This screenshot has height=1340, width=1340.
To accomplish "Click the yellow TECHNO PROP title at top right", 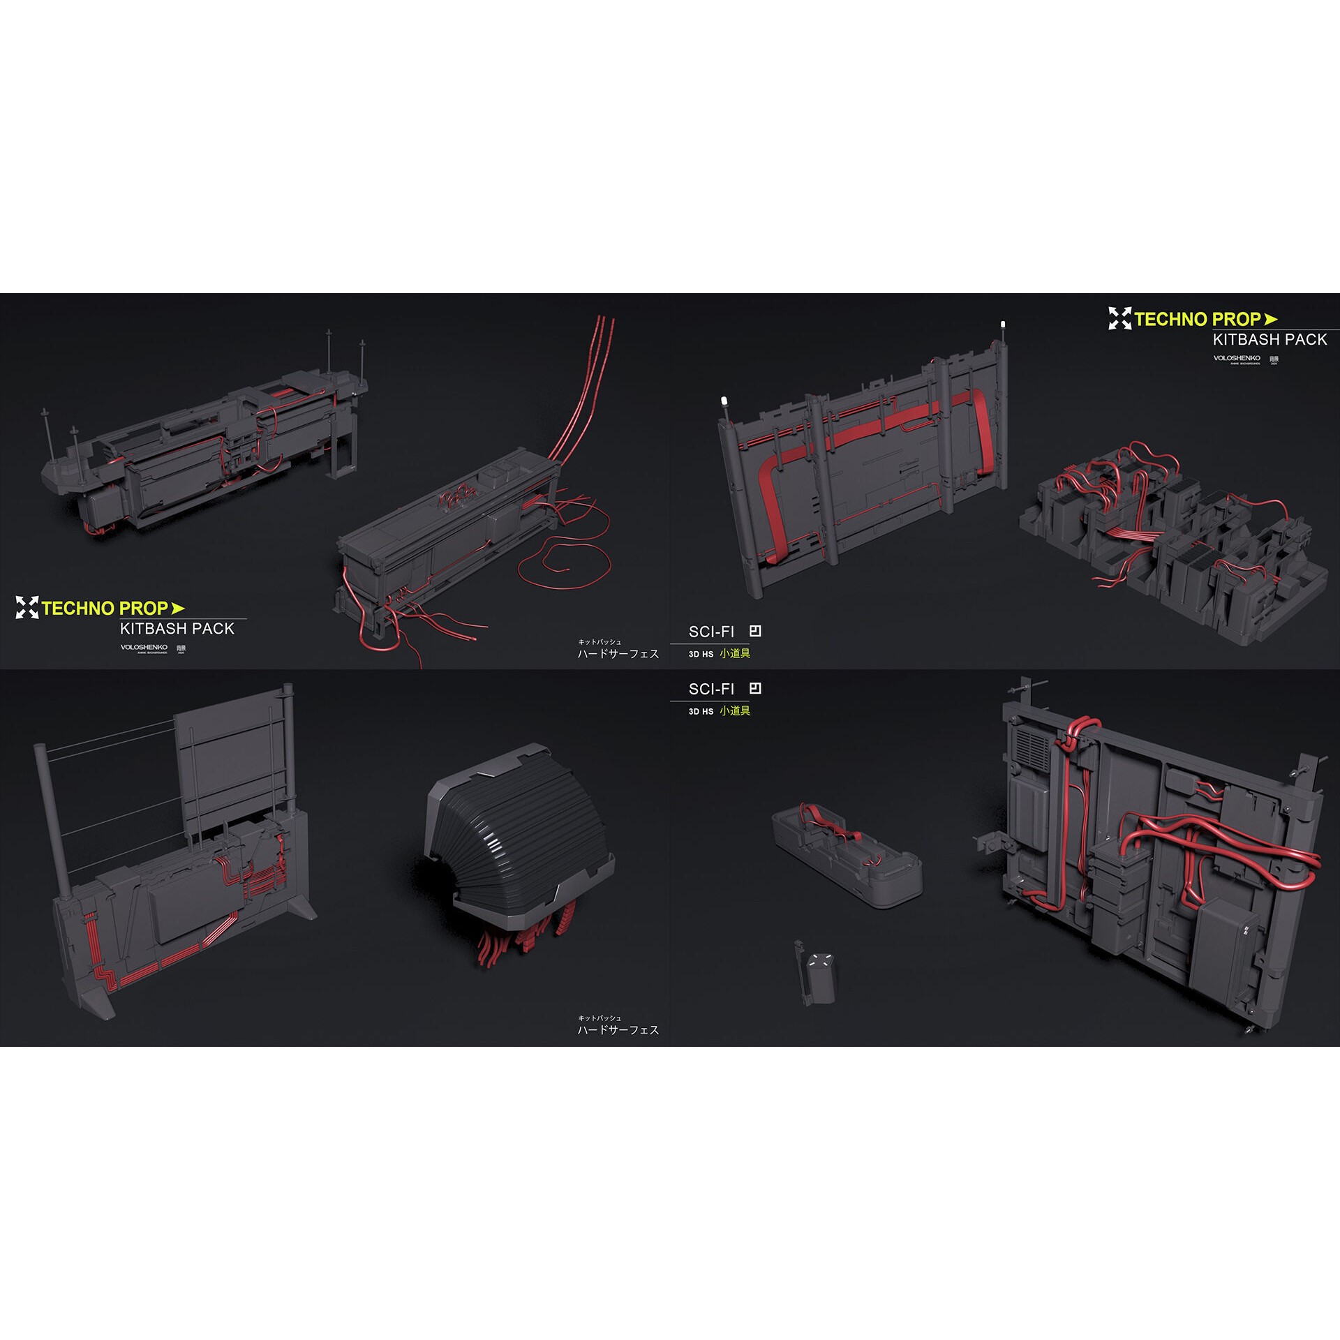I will click(1197, 320).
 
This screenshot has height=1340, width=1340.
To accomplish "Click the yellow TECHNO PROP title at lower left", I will click(105, 609).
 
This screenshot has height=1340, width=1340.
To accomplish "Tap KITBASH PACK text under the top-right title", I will click(1270, 340).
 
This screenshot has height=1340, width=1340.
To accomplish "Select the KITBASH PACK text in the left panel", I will click(177, 629).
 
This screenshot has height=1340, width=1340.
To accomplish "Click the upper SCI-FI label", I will click(711, 632).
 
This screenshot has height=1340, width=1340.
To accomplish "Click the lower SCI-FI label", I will click(711, 690).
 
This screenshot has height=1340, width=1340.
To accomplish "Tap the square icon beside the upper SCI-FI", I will click(755, 631).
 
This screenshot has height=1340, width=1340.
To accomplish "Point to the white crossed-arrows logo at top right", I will click(1119, 318).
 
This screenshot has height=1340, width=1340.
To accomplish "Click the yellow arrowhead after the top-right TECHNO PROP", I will click(1271, 319).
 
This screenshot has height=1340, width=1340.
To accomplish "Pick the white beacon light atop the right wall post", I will click(1003, 325).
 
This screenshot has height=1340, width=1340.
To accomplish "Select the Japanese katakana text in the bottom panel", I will click(618, 1030).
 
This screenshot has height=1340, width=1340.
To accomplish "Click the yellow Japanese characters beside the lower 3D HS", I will click(735, 710).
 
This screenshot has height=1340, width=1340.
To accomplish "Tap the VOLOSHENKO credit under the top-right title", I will click(1237, 358).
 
